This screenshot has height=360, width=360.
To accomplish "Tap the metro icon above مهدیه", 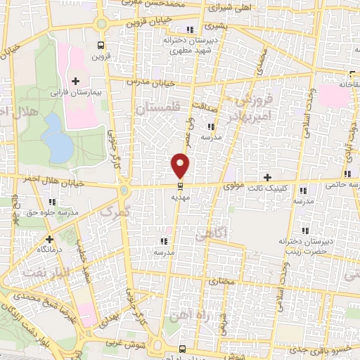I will click(181, 186).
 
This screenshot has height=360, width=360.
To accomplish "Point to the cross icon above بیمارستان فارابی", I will click(75, 82).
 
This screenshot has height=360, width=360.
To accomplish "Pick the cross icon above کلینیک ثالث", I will click(267, 177).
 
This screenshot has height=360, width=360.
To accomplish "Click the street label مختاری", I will click(223, 279).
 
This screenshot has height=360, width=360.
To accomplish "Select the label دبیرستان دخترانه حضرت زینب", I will click(304, 245).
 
